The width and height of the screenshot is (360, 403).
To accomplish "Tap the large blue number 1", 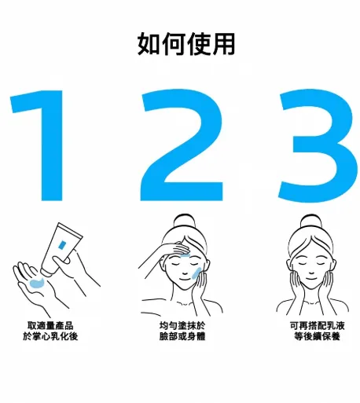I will [46, 145].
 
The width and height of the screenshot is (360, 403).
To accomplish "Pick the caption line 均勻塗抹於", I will [182, 325].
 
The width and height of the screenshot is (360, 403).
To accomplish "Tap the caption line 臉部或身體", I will [182, 337].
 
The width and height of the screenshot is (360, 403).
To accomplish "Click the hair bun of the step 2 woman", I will [184, 222].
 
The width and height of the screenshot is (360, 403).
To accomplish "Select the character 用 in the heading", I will [223, 45].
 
